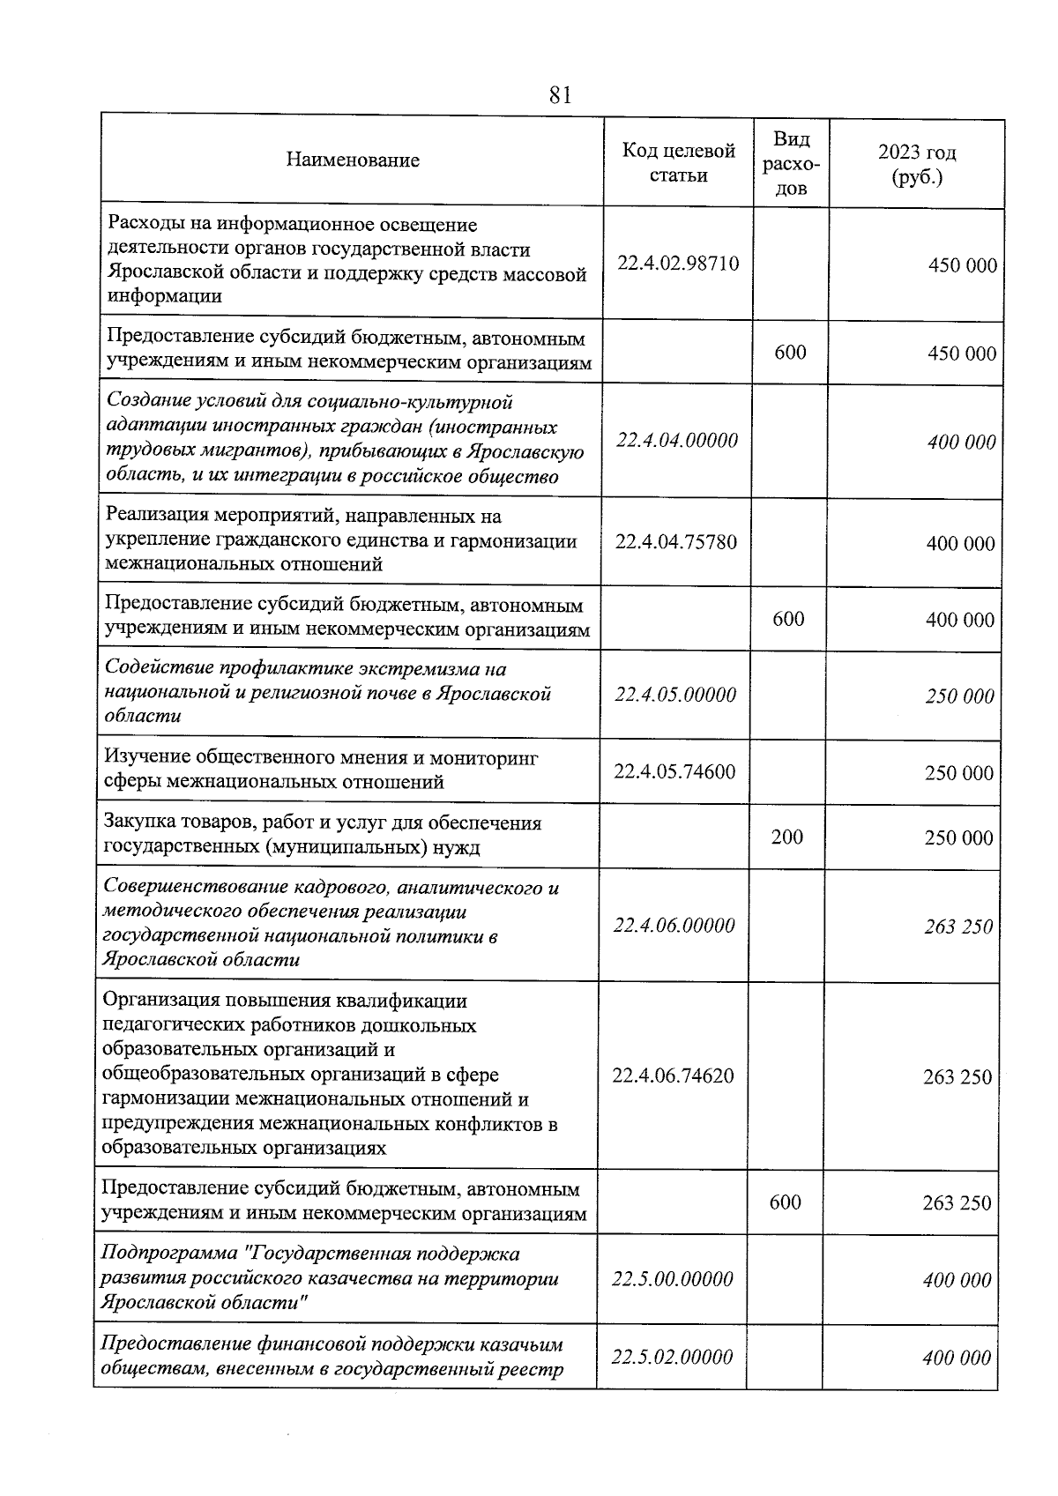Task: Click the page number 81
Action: [560, 95]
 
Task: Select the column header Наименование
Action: [353, 160]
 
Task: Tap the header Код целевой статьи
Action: [678, 163]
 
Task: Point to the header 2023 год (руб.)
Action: [917, 164]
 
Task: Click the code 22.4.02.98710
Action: [678, 264]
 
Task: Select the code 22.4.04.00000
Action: [677, 440]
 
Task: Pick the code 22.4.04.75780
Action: [676, 541]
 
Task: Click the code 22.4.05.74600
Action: [674, 771]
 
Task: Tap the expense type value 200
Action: [787, 837]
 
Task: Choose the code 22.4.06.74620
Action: [673, 1075]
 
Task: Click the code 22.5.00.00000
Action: [672, 1279]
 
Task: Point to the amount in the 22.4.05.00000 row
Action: [959, 696]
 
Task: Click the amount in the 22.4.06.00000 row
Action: [958, 927]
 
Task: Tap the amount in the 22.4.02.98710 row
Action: [963, 265]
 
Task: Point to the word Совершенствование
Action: [195, 888]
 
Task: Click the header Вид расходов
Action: [791, 164]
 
